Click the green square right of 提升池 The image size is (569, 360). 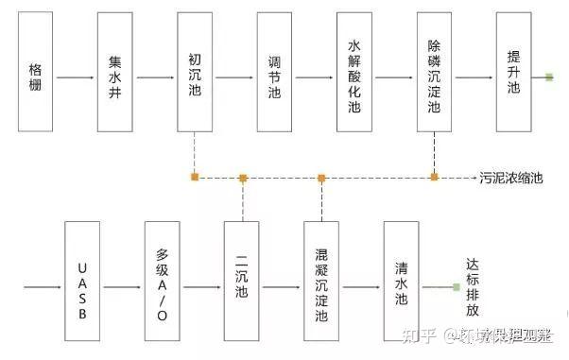549,77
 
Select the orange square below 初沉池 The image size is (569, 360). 194,177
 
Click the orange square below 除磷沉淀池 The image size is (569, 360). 434,177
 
